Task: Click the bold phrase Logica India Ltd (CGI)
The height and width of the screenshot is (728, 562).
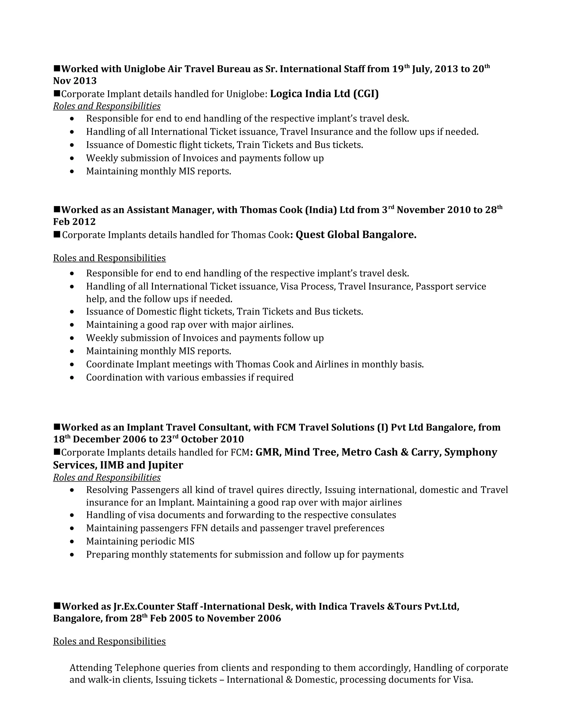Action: [x=324, y=94]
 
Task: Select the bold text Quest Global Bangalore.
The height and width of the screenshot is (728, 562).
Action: [x=356, y=235]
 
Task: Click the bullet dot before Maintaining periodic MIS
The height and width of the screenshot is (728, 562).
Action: [x=72, y=542]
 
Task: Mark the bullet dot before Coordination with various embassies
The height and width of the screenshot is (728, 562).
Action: [x=72, y=378]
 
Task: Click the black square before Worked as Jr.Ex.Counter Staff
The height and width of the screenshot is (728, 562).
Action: [x=57, y=605]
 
